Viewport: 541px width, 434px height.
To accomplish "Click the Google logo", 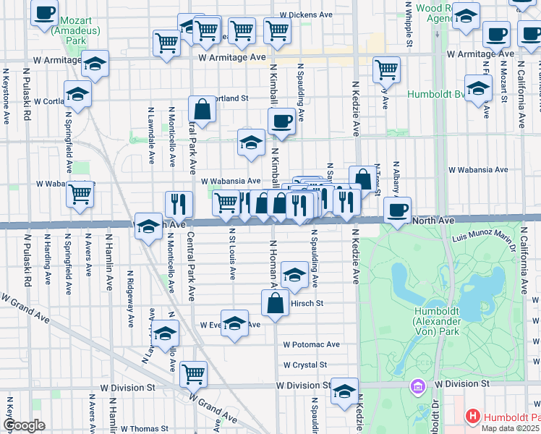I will [x=23, y=425].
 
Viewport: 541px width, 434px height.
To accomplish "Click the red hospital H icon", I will [x=472, y=417].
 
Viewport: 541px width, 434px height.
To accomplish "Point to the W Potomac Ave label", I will [x=312, y=345].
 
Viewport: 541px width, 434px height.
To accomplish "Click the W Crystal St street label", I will [x=305, y=365].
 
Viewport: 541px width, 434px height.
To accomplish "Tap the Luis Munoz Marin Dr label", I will [x=482, y=238].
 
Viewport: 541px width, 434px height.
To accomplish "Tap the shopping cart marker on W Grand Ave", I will [x=193, y=373].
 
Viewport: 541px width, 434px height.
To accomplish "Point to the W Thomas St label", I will [x=144, y=429].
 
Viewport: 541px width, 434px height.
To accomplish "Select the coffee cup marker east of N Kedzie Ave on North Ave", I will [x=397, y=210].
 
